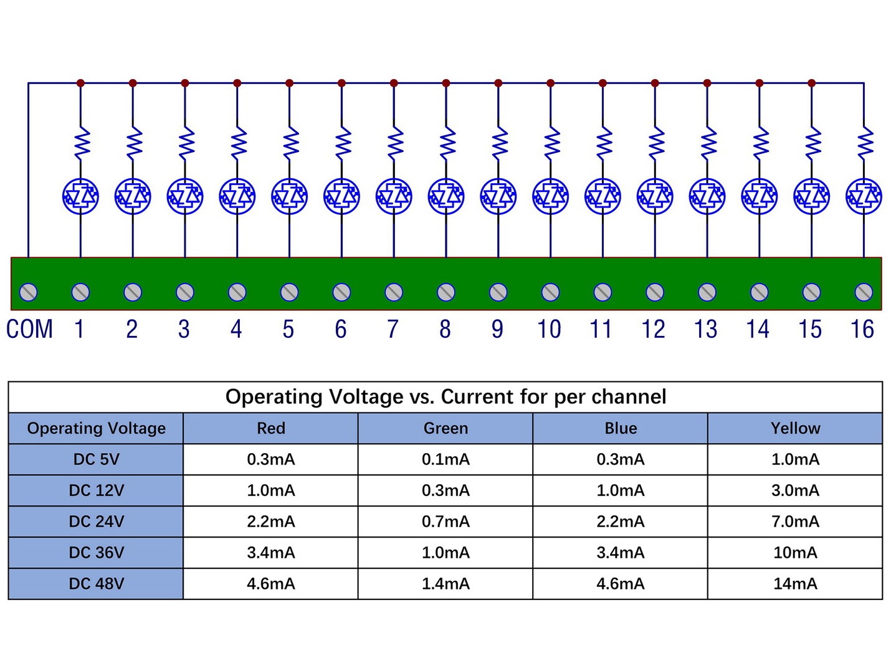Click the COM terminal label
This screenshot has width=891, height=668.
click(x=30, y=329)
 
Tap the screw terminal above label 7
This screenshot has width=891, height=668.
click(x=393, y=292)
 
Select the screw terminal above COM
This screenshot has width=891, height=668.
click(x=29, y=292)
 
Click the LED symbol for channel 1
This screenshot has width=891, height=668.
click(x=80, y=196)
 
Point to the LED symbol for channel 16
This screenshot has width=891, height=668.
click(x=864, y=196)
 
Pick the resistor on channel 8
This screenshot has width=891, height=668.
click(x=447, y=143)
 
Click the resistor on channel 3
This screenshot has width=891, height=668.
click(x=186, y=143)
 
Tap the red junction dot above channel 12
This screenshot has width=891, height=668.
click(x=655, y=83)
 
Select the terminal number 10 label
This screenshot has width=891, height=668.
click(x=549, y=329)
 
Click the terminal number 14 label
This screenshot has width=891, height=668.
click(x=758, y=329)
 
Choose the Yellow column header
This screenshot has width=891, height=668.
click(x=795, y=428)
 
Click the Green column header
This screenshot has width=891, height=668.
click(x=445, y=428)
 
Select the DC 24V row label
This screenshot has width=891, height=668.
click(x=96, y=521)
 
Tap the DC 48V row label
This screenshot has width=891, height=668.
click(x=96, y=583)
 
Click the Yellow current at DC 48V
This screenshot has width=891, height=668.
click(x=795, y=583)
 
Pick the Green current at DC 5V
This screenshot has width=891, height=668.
click(x=445, y=459)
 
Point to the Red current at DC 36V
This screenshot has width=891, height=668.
click(x=271, y=552)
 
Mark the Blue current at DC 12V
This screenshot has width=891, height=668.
click(x=620, y=490)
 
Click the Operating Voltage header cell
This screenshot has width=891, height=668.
click(x=96, y=428)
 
